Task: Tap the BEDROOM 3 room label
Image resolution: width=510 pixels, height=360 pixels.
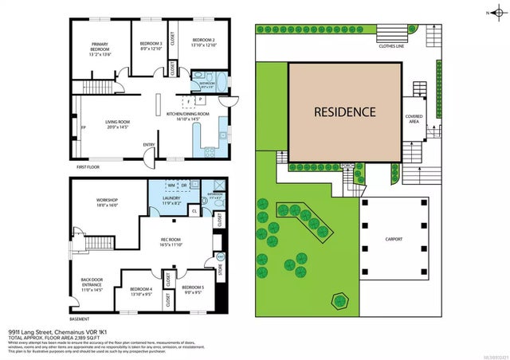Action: pyautogui.click(x=151, y=45)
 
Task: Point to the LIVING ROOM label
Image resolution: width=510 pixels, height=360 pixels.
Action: pyautogui.click(x=117, y=123)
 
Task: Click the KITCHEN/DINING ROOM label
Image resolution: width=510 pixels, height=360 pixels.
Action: pyautogui.click(x=188, y=116)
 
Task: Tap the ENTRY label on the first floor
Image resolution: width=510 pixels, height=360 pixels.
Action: pyautogui.click(x=148, y=144)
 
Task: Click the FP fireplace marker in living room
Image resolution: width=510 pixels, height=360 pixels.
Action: pyautogui.click(x=82, y=127)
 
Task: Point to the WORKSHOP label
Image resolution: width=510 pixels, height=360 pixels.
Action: pyautogui.click(x=106, y=202)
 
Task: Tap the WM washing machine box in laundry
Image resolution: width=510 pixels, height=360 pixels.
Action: pyautogui.click(x=171, y=186)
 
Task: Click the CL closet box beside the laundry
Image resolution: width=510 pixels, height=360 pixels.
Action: pyautogui.click(x=194, y=211)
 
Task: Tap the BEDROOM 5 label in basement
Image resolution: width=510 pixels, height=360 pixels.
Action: pyautogui.click(x=193, y=289)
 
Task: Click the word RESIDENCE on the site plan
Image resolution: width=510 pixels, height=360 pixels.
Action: pyautogui.click(x=343, y=112)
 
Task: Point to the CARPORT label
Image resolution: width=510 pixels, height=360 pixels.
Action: pyautogui.click(x=394, y=240)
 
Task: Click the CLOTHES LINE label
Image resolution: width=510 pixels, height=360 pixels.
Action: pyautogui.click(x=394, y=46)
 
